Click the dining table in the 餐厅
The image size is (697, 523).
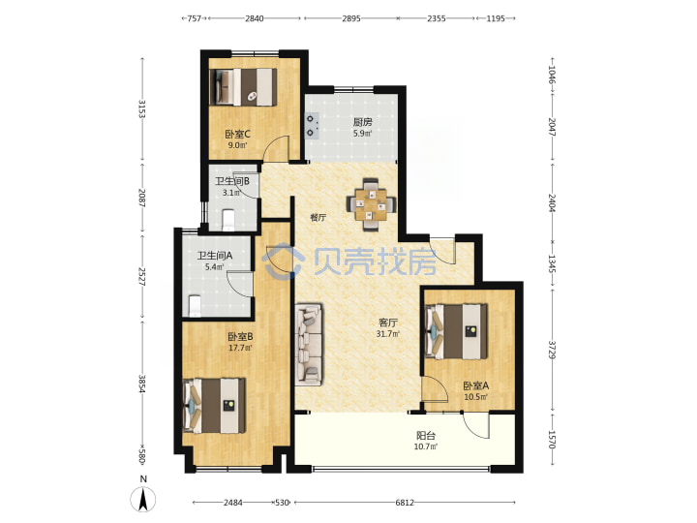(371, 204)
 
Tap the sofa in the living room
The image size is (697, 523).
(309, 343)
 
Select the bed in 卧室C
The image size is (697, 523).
(243, 87)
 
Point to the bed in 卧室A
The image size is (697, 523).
(457, 331)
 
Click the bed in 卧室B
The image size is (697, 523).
(214, 405)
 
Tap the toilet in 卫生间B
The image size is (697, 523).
(228, 220)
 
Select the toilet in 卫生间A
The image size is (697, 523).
(195, 306)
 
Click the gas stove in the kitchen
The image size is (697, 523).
(312, 125)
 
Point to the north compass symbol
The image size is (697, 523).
(142, 500)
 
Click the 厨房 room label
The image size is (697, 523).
(363, 122)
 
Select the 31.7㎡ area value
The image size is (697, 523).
(387, 333)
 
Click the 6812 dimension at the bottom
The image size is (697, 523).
(405, 503)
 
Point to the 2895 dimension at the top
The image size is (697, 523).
(351, 18)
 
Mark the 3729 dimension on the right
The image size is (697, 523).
(552, 350)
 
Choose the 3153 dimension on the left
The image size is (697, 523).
(141, 108)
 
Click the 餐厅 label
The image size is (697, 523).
(318, 218)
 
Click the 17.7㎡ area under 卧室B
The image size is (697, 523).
(240, 348)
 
